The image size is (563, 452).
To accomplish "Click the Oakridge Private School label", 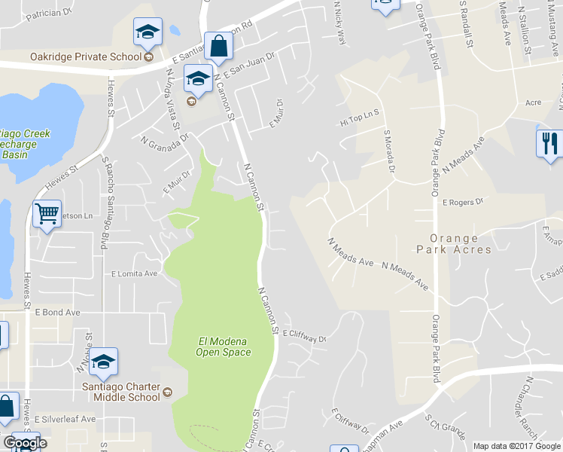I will pyautogui.click(x=85, y=56).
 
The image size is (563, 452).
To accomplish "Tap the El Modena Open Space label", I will pyautogui.click(x=222, y=347).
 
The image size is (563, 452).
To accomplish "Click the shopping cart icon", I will pyautogui.click(x=47, y=215).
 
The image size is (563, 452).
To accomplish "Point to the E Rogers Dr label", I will pyautogui.click(x=461, y=202).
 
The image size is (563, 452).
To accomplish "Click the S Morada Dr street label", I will pyautogui.click(x=389, y=151).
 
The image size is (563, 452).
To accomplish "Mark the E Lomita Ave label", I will pyautogui.click(x=134, y=273).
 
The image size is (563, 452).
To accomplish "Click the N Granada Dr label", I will pyautogui.click(x=163, y=139).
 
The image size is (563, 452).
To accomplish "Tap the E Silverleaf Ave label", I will pyautogui.click(x=68, y=418).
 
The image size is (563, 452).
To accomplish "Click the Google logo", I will pyautogui.click(x=24, y=443).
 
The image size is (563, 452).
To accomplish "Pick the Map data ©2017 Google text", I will pyautogui.click(x=516, y=446).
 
